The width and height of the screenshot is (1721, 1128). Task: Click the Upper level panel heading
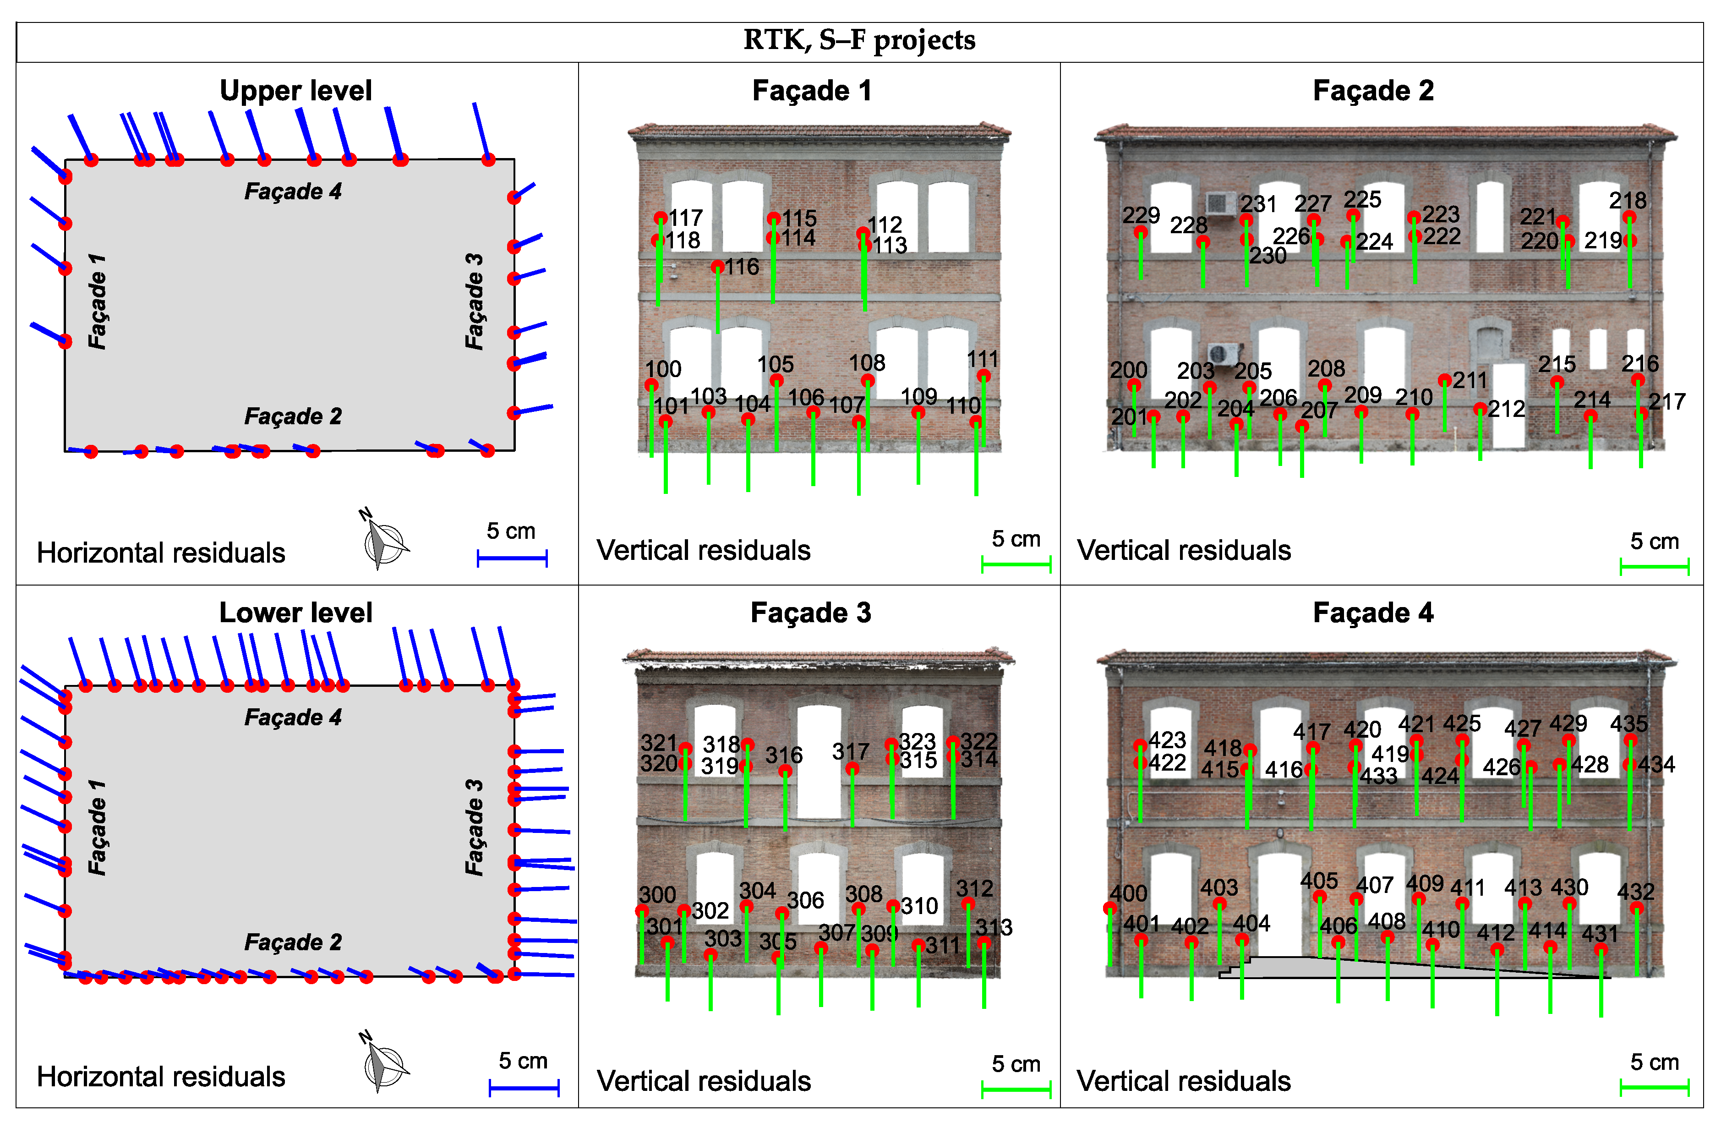point(296,90)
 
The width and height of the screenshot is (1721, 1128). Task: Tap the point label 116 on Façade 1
point(742,267)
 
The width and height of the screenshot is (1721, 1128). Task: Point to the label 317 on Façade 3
point(850,751)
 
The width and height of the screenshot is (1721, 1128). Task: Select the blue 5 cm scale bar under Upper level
point(512,558)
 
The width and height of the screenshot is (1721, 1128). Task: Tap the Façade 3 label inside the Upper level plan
point(474,301)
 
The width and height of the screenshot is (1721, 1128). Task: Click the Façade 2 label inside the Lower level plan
point(293,942)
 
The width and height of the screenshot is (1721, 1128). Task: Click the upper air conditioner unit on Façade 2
point(1221,203)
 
